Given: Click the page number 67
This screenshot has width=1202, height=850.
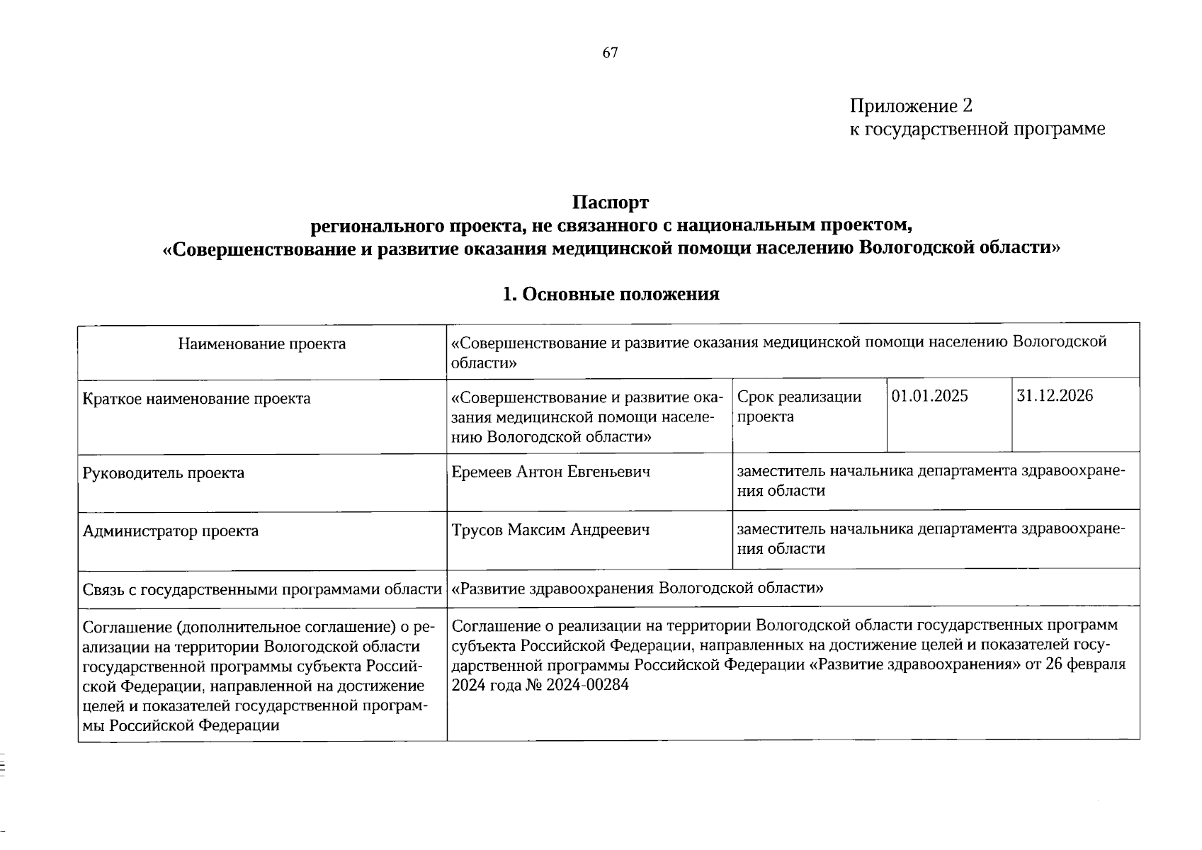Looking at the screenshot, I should [x=611, y=53].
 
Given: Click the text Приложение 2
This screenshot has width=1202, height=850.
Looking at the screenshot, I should [x=911, y=106].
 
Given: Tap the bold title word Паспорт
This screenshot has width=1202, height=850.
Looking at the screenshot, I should [x=610, y=203].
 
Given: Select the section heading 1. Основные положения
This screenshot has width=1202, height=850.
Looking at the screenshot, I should [x=610, y=294].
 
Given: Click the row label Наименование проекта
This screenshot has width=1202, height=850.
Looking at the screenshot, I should [x=262, y=344].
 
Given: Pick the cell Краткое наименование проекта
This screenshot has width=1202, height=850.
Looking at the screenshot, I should [x=197, y=399].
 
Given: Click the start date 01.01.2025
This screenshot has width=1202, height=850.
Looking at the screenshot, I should [x=929, y=396].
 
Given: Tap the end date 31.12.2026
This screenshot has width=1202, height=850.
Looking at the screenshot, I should [x=1055, y=396].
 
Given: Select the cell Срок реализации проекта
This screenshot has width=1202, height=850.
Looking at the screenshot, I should [x=799, y=407].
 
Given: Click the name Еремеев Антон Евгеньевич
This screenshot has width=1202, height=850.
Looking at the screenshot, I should [x=550, y=472].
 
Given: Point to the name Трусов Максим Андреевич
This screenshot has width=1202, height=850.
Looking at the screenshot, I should [x=550, y=530].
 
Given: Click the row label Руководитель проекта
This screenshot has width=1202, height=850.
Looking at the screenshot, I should [x=164, y=473].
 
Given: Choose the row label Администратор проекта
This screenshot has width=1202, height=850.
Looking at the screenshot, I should [x=171, y=531].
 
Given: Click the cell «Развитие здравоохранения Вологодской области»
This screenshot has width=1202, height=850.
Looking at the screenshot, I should [x=637, y=588].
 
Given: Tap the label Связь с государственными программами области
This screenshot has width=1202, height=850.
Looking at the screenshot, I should [x=262, y=589].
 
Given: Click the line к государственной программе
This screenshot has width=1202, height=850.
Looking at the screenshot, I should [x=977, y=130].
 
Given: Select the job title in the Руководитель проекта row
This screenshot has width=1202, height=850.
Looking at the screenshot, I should [x=930, y=481].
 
